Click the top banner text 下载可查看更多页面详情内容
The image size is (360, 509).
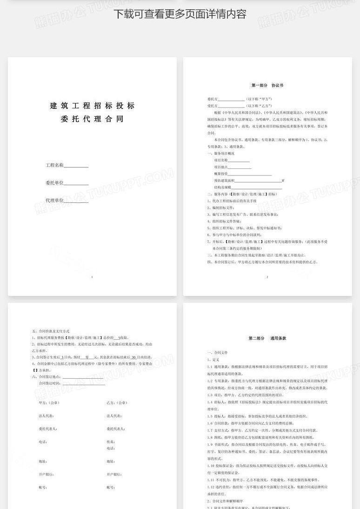point(180,14)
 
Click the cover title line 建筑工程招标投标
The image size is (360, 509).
point(92,106)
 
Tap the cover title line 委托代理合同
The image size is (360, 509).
point(92,119)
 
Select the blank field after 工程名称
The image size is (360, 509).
point(76,166)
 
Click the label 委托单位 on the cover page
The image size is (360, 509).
point(54,183)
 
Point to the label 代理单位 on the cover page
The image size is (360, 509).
point(54,201)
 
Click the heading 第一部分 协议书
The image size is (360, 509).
point(267,86)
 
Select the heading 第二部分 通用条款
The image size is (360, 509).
point(267,338)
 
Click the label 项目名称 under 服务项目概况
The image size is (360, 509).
point(221,160)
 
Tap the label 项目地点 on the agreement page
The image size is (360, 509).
point(221,167)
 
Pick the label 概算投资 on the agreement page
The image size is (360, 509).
point(221,174)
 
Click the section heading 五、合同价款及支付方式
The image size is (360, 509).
point(51,331)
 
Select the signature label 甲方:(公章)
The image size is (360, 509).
point(49,403)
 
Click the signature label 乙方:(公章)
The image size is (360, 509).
point(117,403)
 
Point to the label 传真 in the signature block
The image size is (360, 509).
point(111,442)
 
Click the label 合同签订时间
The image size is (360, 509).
point(50,383)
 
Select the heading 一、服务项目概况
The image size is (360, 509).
point(221,153)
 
